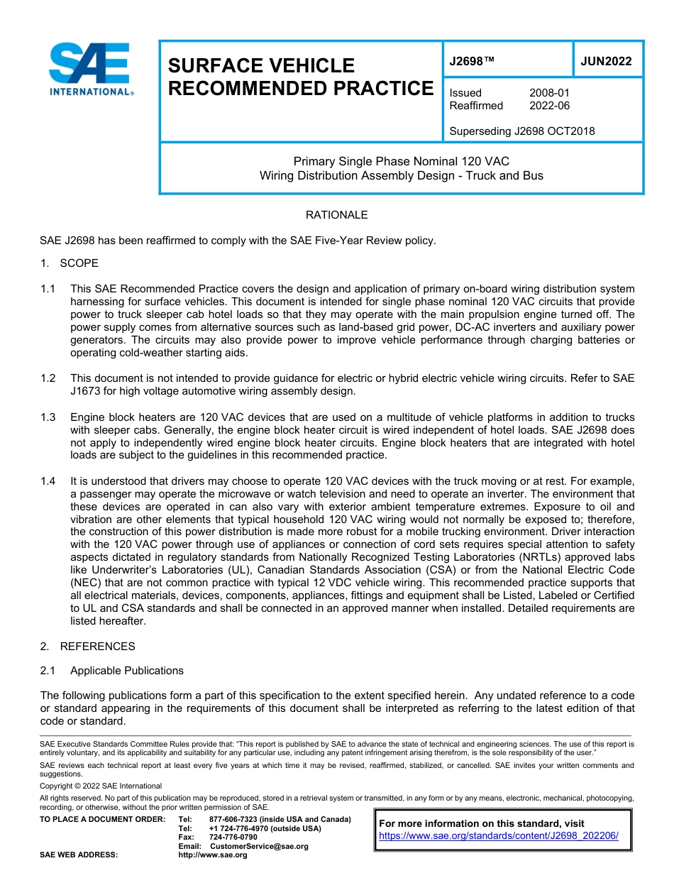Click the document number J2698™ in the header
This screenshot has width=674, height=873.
point(471,61)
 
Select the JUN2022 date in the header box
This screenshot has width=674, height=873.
point(606,61)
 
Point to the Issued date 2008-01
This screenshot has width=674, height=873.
point(549,93)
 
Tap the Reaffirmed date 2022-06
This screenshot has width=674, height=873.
point(549,106)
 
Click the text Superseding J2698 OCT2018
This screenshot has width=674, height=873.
point(521,131)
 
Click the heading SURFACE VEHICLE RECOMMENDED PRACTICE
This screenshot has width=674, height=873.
point(299,77)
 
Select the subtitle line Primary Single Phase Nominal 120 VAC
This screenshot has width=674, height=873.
point(401,161)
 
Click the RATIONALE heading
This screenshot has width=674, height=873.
point(336,214)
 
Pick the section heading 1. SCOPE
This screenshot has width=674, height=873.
point(70,263)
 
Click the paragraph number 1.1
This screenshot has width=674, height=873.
point(48,289)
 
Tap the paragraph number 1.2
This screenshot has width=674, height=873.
point(48,378)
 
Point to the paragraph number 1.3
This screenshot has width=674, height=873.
point(48,417)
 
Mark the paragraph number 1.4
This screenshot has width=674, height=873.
point(48,481)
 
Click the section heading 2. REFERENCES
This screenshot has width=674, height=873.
point(87,646)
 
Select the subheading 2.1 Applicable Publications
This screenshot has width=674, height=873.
point(112,671)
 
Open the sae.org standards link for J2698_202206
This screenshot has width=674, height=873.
point(499,835)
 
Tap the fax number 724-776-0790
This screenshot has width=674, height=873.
point(233,837)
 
